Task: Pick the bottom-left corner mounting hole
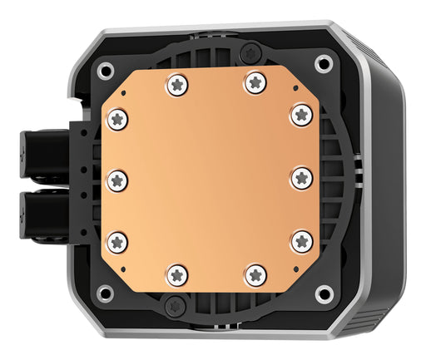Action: click(x=104, y=293)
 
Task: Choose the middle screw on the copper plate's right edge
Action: click(x=301, y=176)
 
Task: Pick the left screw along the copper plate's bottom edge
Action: click(x=175, y=273)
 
